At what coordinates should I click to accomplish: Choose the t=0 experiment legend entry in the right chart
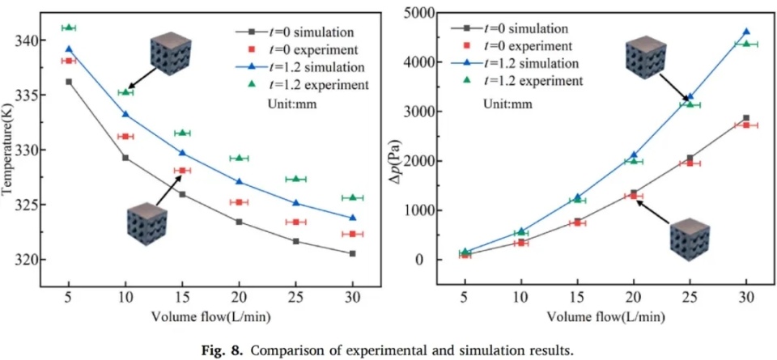[529, 46]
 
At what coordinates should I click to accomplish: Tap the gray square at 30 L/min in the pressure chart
[745, 118]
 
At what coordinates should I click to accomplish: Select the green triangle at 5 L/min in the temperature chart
[69, 28]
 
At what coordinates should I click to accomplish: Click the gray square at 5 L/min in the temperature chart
[69, 82]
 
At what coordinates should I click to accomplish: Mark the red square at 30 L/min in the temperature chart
[352, 234]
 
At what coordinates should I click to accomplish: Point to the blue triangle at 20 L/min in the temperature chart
[239, 181]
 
